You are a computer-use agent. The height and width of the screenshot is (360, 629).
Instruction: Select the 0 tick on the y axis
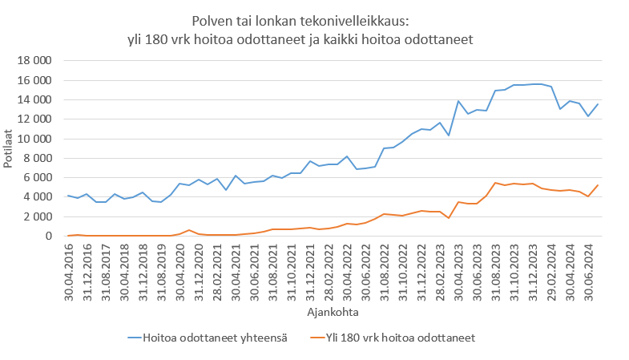click(x=47, y=236)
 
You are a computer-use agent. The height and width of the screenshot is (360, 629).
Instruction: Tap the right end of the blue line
click(x=598, y=104)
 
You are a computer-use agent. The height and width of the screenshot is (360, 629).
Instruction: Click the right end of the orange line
click(x=598, y=185)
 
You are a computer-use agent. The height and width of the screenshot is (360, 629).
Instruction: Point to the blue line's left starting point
click(x=69, y=196)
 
